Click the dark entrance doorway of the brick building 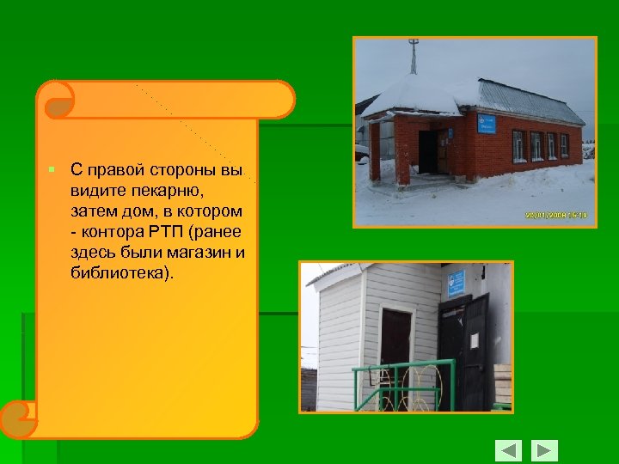[x=427, y=152]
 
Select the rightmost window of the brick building [x=565, y=145]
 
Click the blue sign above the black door [x=456, y=283]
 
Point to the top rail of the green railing [x=404, y=365]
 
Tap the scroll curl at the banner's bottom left [x=19, y=419]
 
